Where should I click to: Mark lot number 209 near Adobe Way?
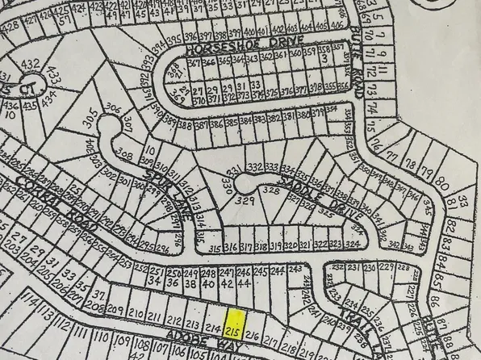pyautogui.click(x=118, y=312)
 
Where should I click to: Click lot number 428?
pyautogui.click(x=10, y=24)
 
